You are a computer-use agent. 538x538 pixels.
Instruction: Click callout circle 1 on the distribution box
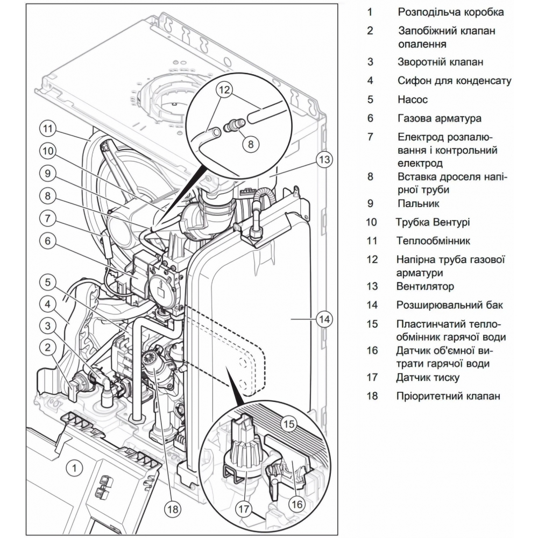coord(74,468)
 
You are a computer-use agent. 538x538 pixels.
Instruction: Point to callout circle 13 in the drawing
coord(323,159)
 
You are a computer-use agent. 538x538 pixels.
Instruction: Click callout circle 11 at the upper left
coord(47,129)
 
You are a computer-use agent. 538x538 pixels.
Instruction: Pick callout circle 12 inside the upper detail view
coord(225,89)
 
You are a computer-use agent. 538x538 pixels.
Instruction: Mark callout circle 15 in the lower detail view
coord(289,424)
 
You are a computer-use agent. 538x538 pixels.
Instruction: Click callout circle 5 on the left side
coord(47,281)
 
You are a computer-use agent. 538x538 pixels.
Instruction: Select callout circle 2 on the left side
coord(47,348)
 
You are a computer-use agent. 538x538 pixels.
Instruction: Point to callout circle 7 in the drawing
coord(47,218)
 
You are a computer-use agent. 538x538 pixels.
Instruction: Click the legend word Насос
coord(413,100)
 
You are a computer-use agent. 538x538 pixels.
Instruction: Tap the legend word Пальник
coord(419,203)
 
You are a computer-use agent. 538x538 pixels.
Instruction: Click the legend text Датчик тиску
coord(428,377)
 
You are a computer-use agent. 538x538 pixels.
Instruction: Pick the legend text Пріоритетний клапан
coord(449,396)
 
